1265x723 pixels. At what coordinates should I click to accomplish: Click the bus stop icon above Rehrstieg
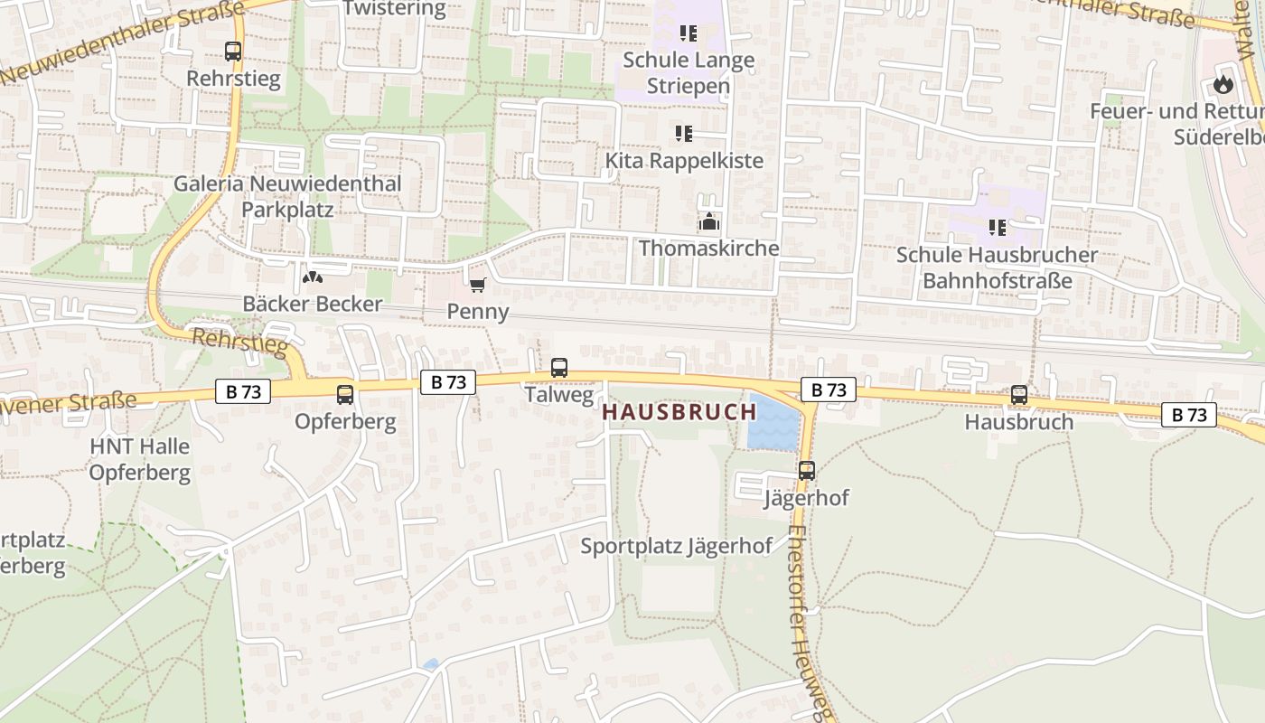pyautogui.click(x=233, y=52)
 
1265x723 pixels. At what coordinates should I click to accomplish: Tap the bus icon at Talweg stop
pyautogui.click(x=559, y=368)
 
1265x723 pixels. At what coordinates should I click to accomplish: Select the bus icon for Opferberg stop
pyautogui.click(x=345, y=394)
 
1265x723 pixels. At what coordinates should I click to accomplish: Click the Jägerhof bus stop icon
pyautogui.click(x=807, y=471)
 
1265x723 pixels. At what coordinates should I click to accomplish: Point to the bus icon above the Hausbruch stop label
pyautogui.click(x=1019, y=395)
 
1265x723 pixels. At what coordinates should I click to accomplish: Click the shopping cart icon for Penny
pyautogui.click(x=477, y=286)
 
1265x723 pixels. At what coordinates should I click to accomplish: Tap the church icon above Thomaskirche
pyautogui.click(x=708, y=221)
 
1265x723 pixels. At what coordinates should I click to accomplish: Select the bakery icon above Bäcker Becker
pyautogui.click(x=312, y=277)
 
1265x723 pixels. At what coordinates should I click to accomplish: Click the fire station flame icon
pyautogui.click(x=1223, y=85)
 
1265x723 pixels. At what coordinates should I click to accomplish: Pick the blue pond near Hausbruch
pyautogui.click(x=773, y=423)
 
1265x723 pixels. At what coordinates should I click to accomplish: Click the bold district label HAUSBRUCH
pyautogui.click(x=679, y=412)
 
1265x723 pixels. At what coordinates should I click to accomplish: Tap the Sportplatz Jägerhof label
pyautogui.click(x=677, y=546)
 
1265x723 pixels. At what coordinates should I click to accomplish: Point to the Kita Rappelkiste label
pyautogui.click(x=684, y=161)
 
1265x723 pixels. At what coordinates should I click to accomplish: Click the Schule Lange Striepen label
pyautogui.click(x=689, y=73)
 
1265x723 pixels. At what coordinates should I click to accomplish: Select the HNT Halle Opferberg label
pyautogui.click(x=140, y=459)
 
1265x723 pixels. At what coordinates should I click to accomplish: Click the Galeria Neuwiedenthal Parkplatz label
pyautogui.click(x=287, y=196)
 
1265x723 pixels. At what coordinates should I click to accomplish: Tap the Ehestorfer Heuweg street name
pyautogui.click(x=808, y=624)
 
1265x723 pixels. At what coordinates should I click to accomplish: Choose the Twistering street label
pyautogui.click(x=395, y=10)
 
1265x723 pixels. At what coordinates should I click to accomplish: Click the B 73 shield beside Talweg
pyautogui.click(x=448, y=382)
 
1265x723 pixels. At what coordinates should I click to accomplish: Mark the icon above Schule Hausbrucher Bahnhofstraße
pyautogui.click(x=997, y=228)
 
